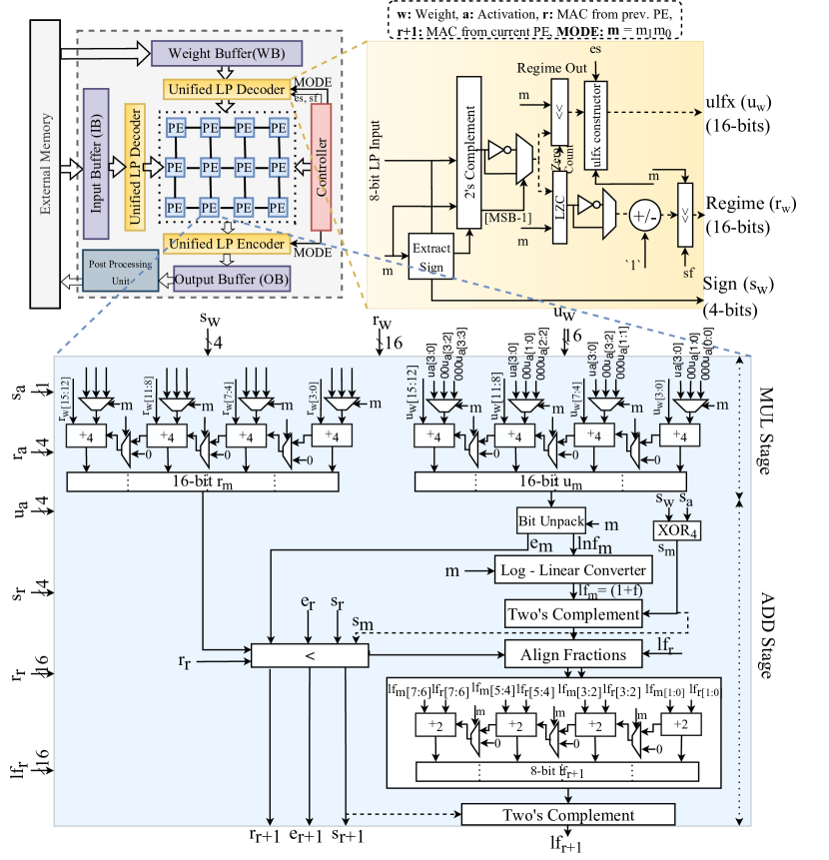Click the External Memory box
46,161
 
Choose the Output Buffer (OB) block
232,279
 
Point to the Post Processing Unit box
120,272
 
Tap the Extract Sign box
431,256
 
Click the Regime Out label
552,68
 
